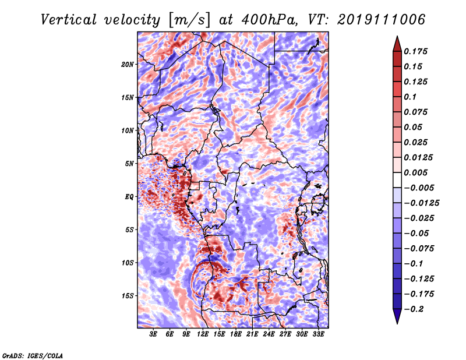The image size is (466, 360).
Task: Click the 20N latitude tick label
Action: [128, 65]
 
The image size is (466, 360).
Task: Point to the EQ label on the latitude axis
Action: [129, 197]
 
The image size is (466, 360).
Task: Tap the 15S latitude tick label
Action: [128, 296]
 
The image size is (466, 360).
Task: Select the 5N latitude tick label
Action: [129, 164]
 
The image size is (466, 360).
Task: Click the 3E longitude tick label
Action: [153, 334]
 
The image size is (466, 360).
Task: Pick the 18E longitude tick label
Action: [236, 334]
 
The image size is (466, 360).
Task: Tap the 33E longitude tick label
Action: [318, 334]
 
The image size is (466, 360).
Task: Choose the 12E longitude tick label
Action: [203, 334]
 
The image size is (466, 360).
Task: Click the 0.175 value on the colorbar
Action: [415, 51]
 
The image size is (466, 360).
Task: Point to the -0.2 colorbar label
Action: [414, 309]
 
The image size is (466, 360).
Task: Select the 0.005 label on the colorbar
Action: [415, 172]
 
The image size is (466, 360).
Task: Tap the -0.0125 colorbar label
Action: [421, 203]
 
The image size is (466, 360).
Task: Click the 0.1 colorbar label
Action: [410, 97]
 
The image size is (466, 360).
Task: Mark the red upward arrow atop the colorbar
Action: [397, 44]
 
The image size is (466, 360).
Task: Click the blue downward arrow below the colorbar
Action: [397, 316]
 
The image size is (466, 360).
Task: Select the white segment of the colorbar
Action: [397, 180]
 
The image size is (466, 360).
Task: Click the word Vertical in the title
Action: [69, 20]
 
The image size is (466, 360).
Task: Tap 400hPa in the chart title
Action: [269, 20]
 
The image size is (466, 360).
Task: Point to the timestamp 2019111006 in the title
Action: [381, 20]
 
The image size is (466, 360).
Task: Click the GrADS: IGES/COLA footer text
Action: [33, 355]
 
